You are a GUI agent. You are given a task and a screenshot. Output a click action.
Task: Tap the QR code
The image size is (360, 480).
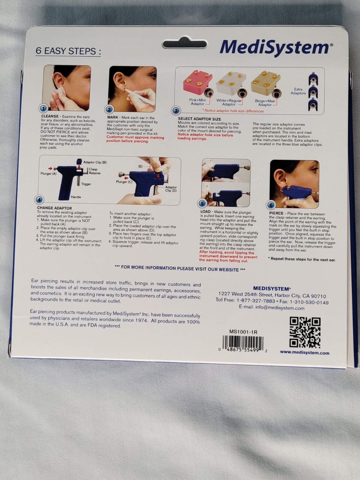pos(305,332)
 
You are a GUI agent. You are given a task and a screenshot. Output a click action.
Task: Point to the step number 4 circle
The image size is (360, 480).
pos(40,199)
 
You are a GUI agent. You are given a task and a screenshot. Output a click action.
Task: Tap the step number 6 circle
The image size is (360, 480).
pos(271,205)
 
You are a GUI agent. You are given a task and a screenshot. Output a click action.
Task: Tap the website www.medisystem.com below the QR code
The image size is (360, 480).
pos(304,352)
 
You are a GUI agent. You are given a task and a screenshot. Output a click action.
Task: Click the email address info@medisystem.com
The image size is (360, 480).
pos(271,308)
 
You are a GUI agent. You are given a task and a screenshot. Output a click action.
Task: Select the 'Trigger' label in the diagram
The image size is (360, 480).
pos(86,184)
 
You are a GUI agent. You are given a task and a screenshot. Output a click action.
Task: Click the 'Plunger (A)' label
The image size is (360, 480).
pos(49,173)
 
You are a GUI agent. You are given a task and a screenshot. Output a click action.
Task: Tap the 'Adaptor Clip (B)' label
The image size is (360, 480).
pos(95,162)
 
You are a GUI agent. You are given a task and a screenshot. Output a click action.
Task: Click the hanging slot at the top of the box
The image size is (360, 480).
pos(184,45)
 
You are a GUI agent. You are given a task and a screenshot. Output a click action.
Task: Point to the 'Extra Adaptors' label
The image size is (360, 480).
pos(298,91)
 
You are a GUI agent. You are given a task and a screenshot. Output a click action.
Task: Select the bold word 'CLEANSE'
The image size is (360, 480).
pos(50,116)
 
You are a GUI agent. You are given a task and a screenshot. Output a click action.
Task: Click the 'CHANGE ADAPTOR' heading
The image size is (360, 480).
pos(54,208)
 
